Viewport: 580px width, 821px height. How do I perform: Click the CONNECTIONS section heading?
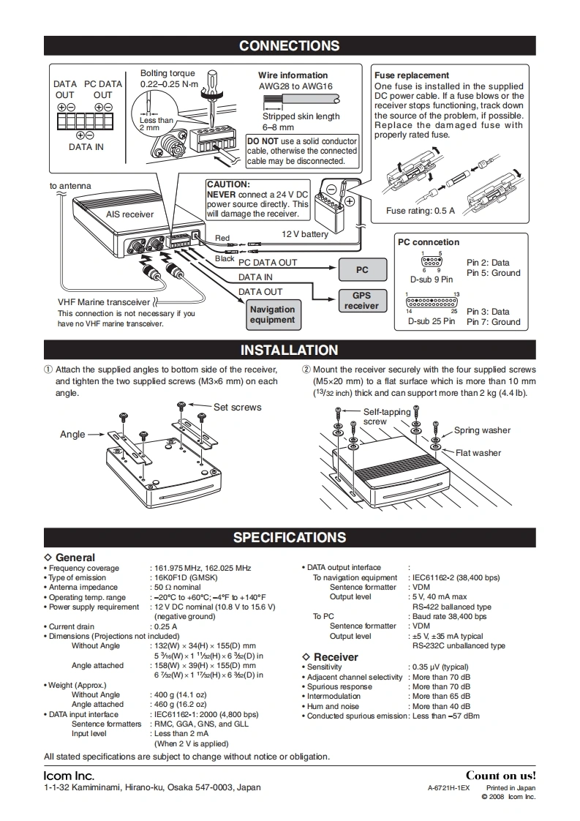click(290, 46)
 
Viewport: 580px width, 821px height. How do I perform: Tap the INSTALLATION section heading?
click(290, 350)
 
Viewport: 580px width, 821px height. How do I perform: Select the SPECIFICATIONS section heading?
click(290, 538)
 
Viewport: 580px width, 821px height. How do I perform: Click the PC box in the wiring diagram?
click(362, 270)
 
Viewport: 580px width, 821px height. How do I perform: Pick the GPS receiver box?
click(362, 301)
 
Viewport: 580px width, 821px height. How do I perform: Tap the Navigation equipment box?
click(272, 315)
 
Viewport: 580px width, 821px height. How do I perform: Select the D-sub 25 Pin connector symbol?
click(432, 301)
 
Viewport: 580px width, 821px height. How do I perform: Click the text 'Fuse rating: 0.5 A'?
click(421, 211)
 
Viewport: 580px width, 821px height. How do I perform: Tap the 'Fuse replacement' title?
click(412, 75)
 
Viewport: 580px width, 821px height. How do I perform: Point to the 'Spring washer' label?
click(482, 430)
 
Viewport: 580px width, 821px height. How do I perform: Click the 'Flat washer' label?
click(478, 453)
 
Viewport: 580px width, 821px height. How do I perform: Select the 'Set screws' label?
click(237, 408)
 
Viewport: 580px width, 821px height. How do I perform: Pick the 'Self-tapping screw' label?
click(386, 416)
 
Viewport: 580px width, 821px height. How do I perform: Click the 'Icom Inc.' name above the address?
click(69, 776)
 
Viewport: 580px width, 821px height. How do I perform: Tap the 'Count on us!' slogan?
click(501, 776)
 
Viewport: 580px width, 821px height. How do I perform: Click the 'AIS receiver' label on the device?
click(129, 214)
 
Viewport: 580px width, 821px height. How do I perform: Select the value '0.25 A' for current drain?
click(165, 626)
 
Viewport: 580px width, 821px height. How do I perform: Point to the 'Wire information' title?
click(293, 75)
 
